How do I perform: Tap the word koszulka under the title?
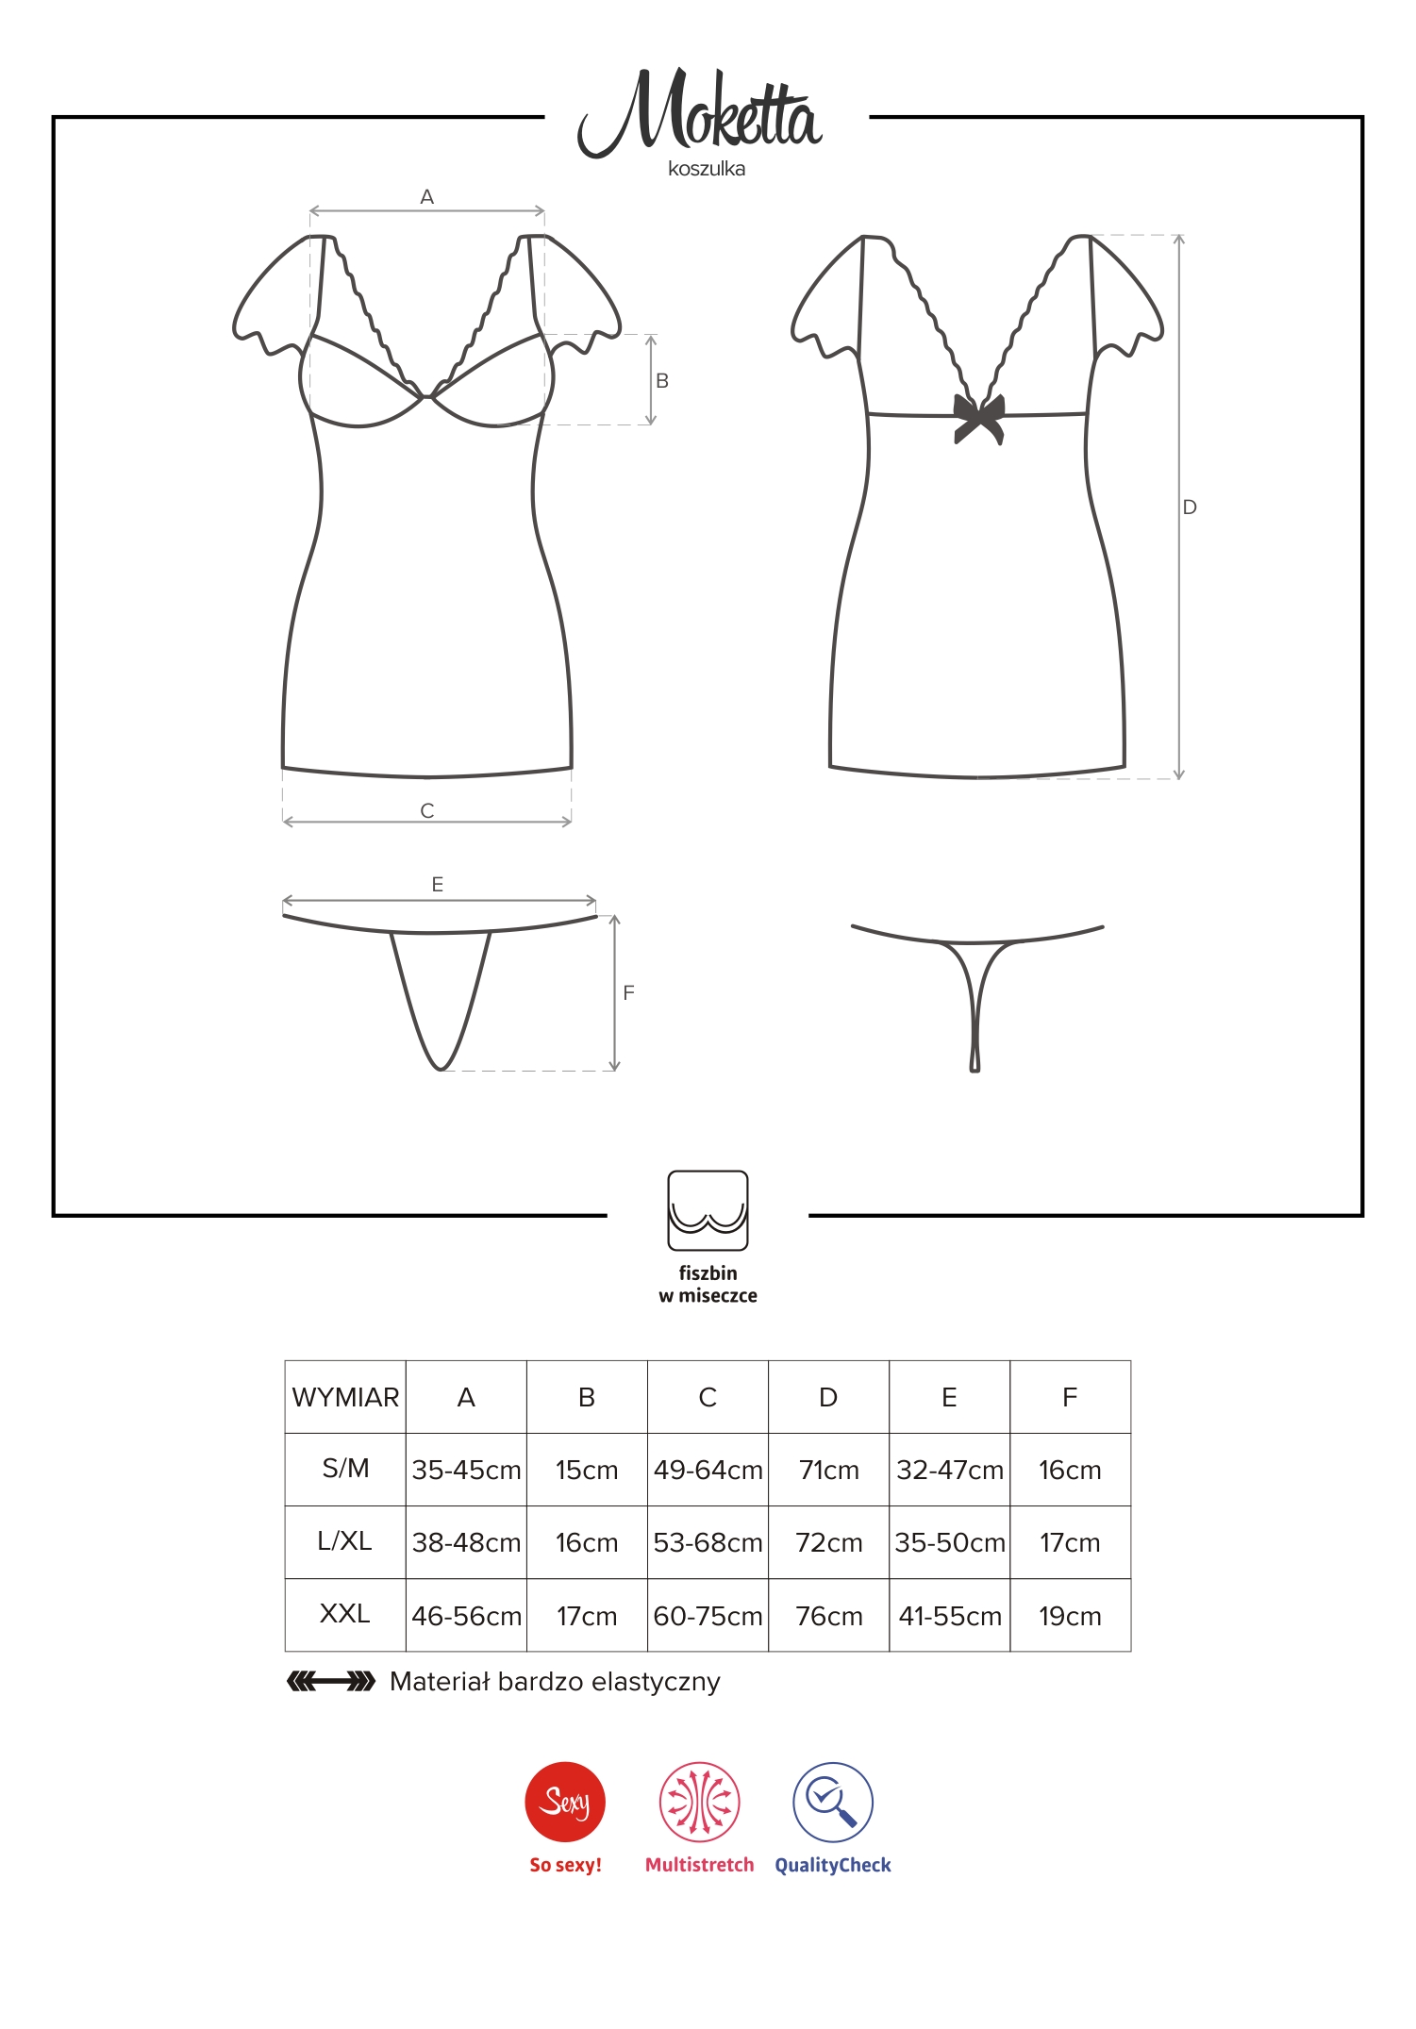click(x=707, y=170)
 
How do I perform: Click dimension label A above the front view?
click(x=427, y=197)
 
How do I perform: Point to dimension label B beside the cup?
click(x=662, y=381)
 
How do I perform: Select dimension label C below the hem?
click(x=427, y=811)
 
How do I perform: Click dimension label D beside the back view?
click(x=1190, y=507)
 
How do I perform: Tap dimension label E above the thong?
click(x=438, y=885)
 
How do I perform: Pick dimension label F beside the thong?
click(x=629, y=993)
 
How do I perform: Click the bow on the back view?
click(x=979, y=418)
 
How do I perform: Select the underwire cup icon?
click(x=708, y=1210)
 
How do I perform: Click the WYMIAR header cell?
click(x=345, y=1397)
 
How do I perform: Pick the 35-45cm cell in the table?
click(x=466, y=1470)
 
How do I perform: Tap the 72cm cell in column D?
click(x=829, y=1542)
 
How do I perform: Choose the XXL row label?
click(x=345, y=1614)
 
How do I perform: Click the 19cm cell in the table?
click(x=1070, y=1616)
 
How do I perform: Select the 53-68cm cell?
click(x=708, y=1542)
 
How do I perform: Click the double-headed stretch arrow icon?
click(x=331, y=1681)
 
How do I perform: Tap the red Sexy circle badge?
click(x=565, y=1802)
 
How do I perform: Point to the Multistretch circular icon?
click(x=699, y=1802)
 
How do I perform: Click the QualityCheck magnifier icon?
click(x=833, y=1802)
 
